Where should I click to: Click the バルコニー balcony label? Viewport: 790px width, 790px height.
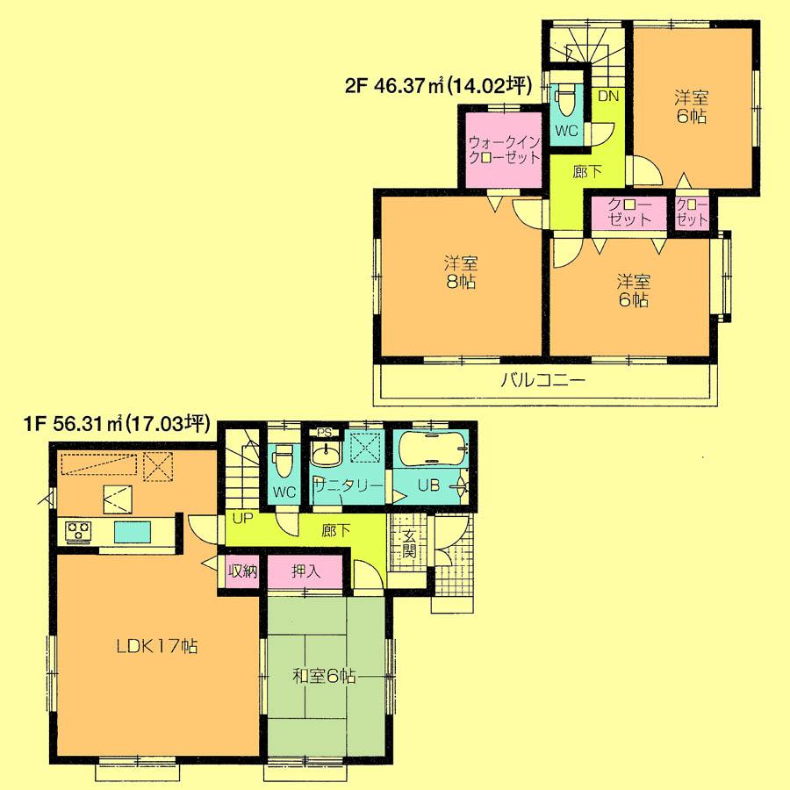[542, 381]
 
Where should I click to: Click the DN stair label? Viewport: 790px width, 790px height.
[607, 97]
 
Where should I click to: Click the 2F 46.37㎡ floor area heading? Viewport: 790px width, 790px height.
[439, 86]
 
